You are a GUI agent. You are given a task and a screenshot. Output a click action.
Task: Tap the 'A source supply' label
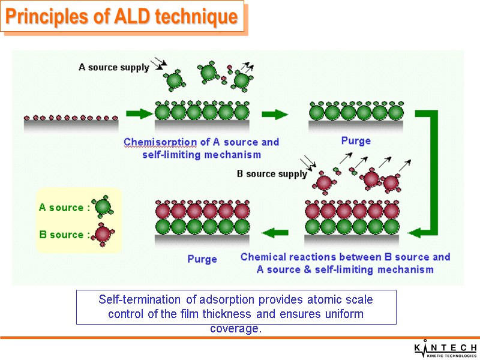[114, 67]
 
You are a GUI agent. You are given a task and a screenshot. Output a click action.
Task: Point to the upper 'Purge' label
[356, 141]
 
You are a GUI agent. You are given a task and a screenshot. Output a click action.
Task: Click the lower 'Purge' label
[202, 259]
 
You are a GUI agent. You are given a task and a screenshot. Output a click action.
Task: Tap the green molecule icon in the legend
[103, 206]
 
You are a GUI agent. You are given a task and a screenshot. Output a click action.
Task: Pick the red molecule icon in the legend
[103, 233]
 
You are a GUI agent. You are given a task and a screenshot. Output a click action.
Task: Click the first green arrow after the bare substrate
[137, 113]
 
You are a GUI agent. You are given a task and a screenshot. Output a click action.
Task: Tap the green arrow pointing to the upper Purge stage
[275, 113]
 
